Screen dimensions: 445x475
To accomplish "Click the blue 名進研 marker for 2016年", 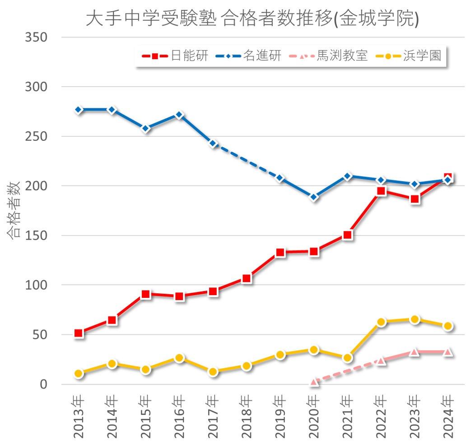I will pos(179,115).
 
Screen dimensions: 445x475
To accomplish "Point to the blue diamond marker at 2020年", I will pos(314,197).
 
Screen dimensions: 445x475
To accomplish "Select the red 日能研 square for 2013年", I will pos(79,333).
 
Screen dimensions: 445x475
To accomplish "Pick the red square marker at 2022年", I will pos(381,191).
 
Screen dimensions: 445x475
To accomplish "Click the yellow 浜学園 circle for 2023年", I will pos(414,320).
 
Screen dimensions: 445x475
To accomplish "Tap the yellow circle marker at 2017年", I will pos(213,371).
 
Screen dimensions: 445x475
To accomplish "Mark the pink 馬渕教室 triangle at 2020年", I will pos(314,382).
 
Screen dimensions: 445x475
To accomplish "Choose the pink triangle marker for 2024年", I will pos(448,352).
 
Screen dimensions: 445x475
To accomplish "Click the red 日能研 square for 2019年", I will pos(280,252).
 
